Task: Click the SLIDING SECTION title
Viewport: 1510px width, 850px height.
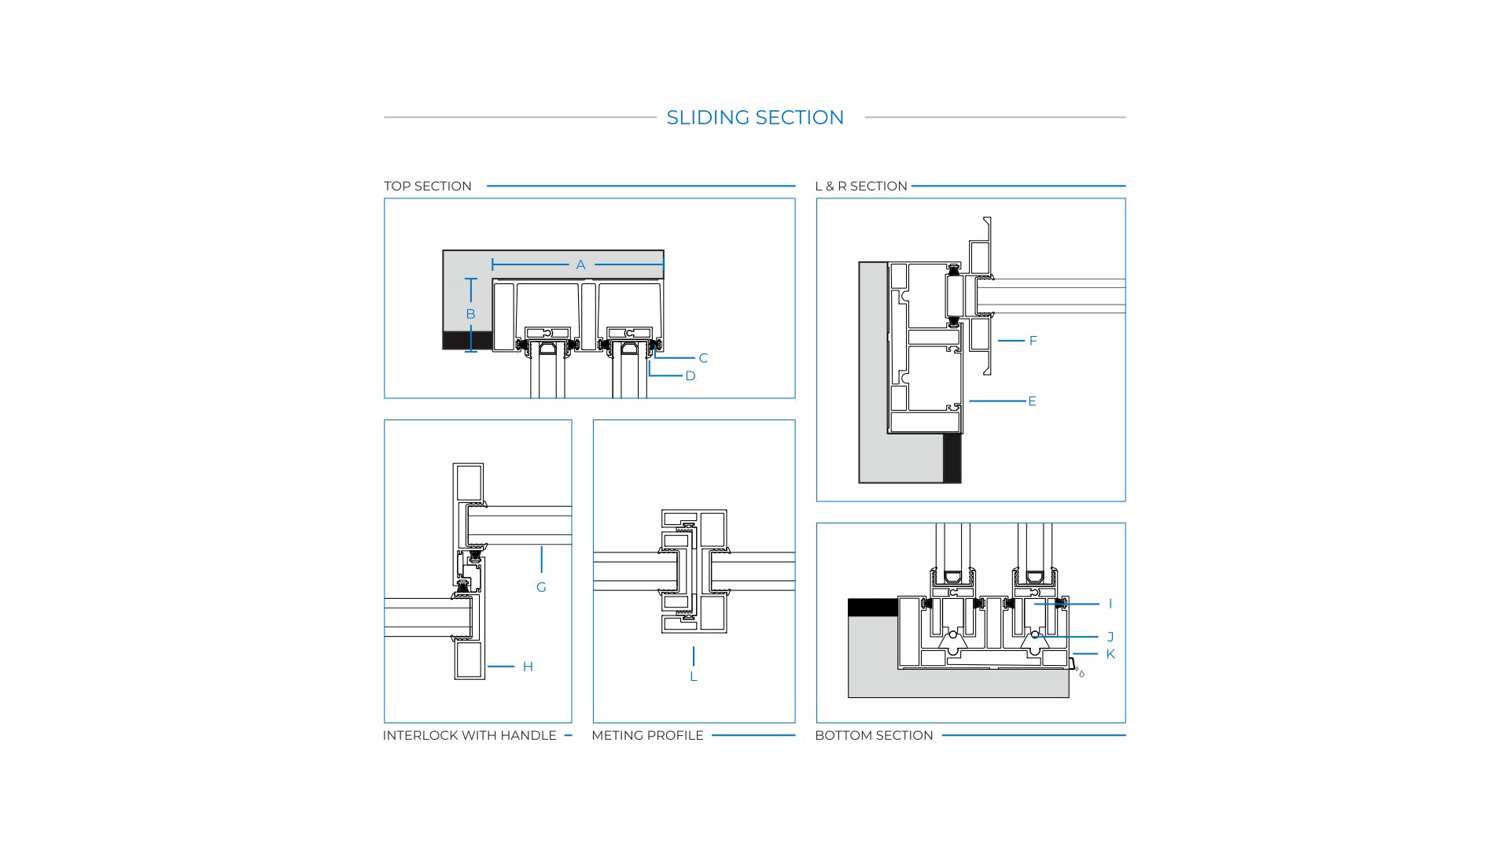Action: coord(755,117)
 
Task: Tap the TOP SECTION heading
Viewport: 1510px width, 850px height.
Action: coord(428,186)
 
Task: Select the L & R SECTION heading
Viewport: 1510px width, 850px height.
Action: coord(861,186)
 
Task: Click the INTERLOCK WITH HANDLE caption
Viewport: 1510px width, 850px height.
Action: coord(470,735)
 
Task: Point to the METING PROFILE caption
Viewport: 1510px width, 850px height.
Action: coord(647,735)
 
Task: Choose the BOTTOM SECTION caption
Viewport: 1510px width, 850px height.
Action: coord(874,735)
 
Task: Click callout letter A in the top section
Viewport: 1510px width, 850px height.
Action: coord(580,265)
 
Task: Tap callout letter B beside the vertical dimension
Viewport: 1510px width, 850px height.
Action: coord(470,314)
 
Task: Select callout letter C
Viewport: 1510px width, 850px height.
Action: coord(703,358)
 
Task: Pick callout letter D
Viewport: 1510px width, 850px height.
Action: coord(691,376)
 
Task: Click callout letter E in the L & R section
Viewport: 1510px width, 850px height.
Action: coord(1032,401)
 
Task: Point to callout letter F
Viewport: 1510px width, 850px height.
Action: coord(1033,341)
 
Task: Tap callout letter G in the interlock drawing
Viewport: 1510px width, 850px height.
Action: coord(541,587)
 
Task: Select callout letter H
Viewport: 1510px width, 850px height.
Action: coord(528,667)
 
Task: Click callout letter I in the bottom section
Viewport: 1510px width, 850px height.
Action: coord(1110,604)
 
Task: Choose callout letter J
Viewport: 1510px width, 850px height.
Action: coord(1110,637)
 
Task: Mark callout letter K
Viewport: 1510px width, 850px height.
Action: coord(1110,654)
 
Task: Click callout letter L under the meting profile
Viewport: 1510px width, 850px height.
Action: coord(694,677)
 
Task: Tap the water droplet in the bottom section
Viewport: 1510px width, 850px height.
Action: coord(1081,674)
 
